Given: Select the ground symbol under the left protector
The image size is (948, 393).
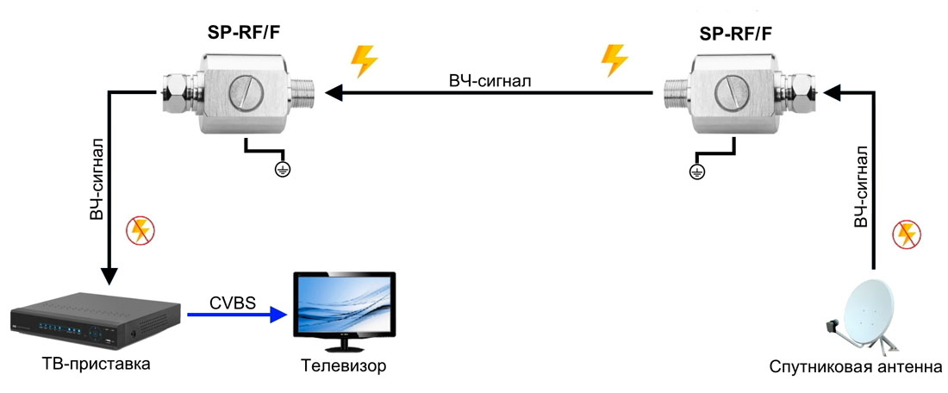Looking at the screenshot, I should [281, 170].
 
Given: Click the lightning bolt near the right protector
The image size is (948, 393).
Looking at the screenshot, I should [614, 61].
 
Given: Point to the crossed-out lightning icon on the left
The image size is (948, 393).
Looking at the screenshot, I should [139, 230].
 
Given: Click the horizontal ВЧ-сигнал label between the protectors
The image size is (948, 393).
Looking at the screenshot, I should [490, 81].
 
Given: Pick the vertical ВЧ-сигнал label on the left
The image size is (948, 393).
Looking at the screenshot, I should [97, 178].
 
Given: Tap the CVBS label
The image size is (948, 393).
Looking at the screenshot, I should [232, 303].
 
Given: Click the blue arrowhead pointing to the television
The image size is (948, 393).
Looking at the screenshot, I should [278, 315].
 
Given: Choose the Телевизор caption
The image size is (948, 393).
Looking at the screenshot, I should [344, 366].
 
